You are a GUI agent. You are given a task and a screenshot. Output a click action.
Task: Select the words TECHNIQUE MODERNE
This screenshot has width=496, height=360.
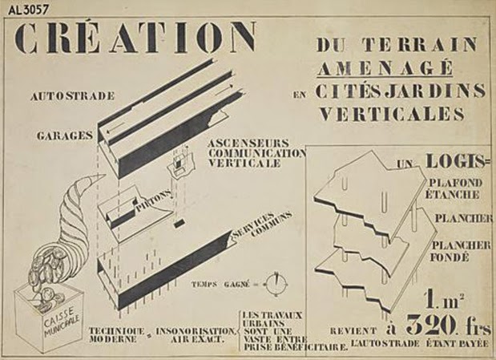click(116, 335)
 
